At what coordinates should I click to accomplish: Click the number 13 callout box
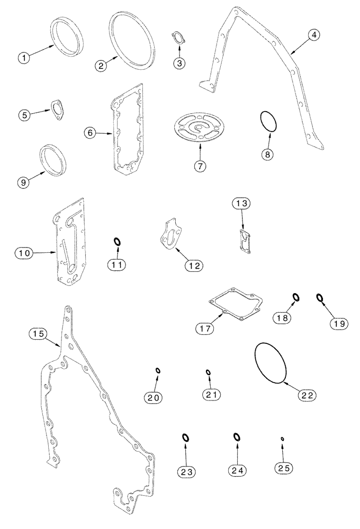point(241,204)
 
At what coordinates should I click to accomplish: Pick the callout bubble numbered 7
point(200,165)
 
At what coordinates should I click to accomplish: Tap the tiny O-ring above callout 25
point(283,439)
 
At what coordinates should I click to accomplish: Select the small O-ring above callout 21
point(209,372)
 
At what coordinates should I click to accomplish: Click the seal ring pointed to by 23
point(185,437)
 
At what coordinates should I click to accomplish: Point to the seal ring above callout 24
point(237,437)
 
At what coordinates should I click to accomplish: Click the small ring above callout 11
point(118,242)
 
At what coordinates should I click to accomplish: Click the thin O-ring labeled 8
point(269,122)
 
